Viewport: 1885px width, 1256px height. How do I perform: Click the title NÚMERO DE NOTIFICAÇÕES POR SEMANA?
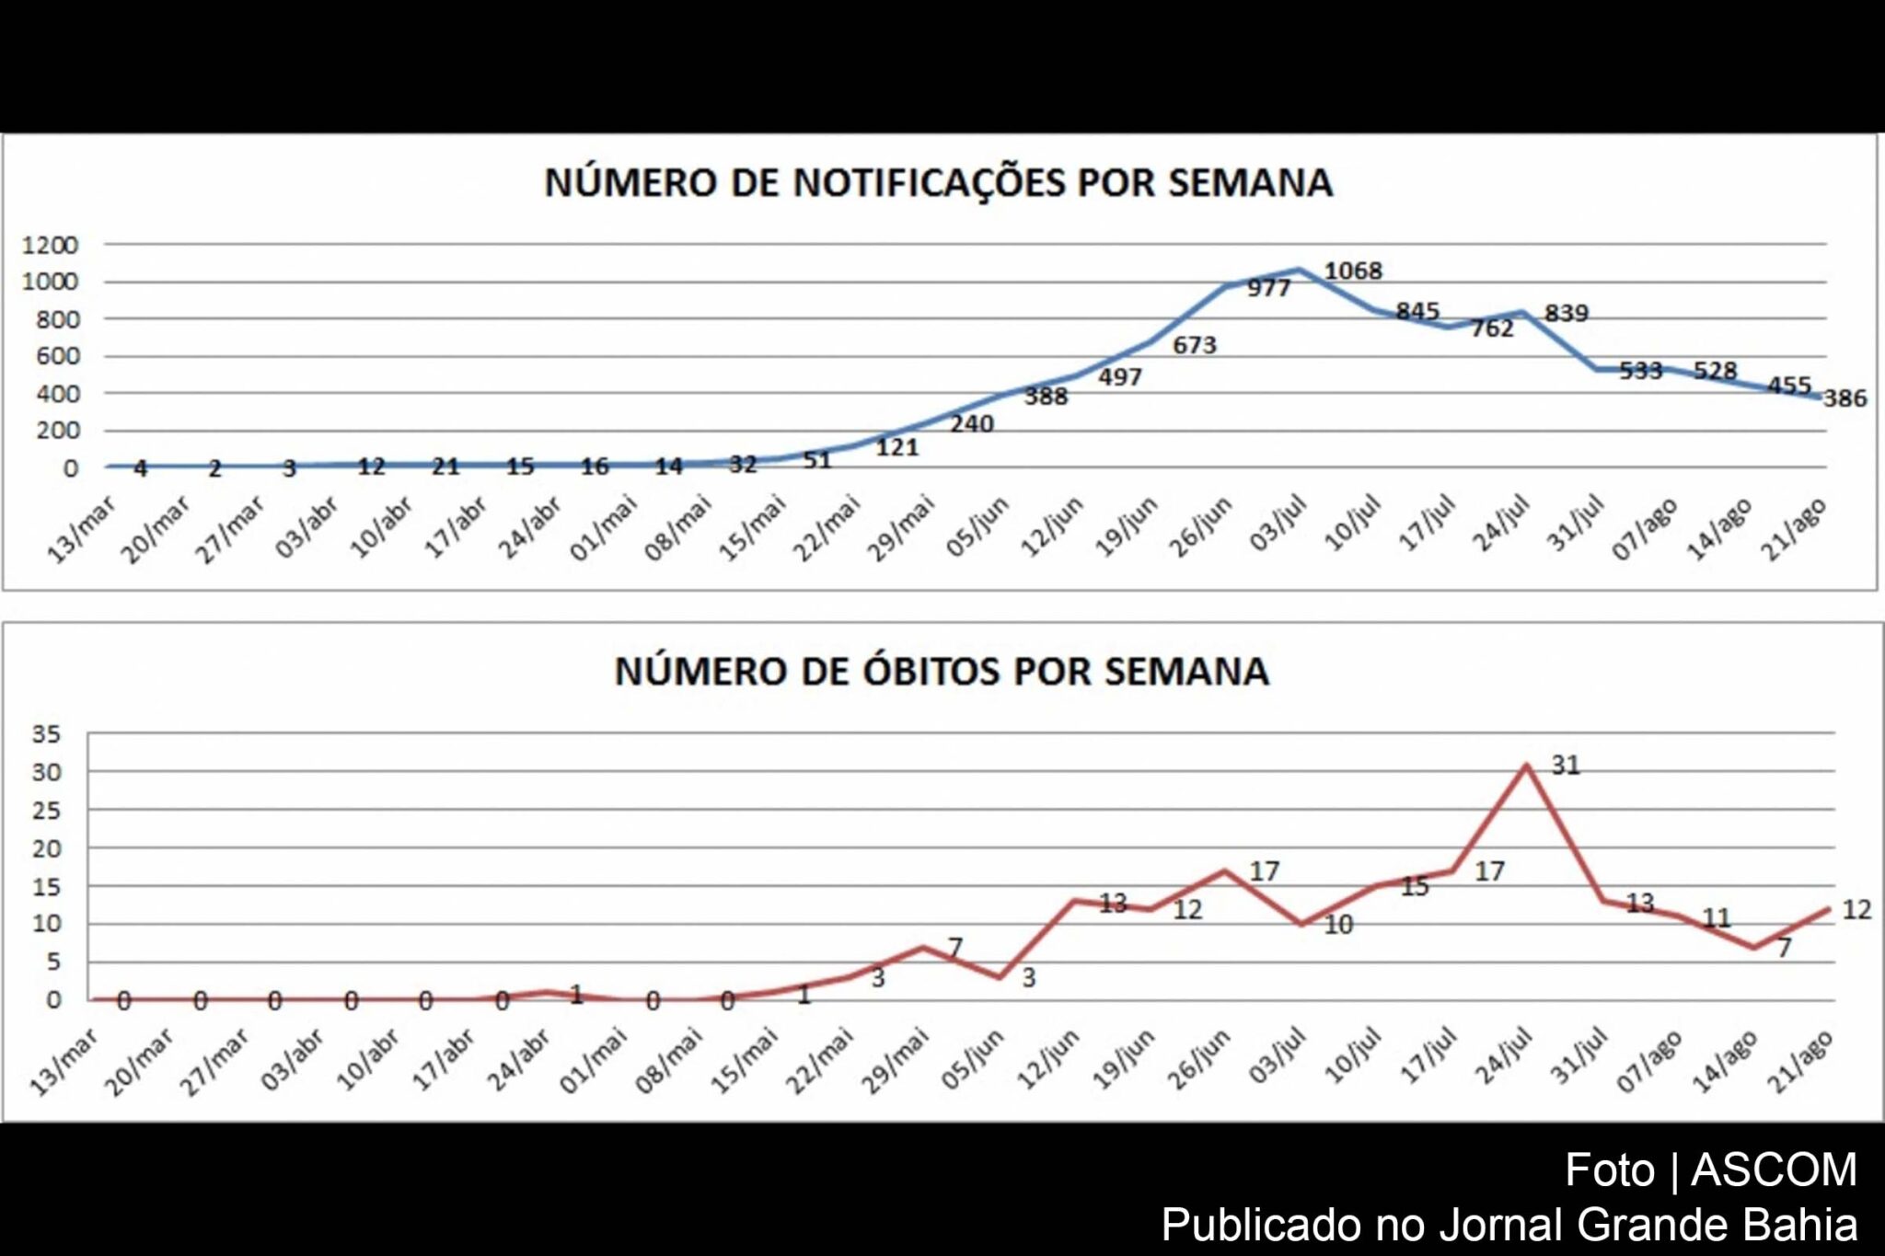point(938,182)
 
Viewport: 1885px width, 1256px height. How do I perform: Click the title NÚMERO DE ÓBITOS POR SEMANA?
point(942,671)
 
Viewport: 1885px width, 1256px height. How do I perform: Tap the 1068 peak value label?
point(1353,271)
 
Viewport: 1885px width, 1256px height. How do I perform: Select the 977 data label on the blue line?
point(1268,288)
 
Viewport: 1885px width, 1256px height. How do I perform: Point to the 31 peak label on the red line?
point(1566,766)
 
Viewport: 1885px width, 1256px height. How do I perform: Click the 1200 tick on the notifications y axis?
point(50,245)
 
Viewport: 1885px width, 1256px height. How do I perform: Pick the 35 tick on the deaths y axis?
point(46,734)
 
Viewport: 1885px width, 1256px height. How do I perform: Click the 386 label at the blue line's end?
point(1845,398)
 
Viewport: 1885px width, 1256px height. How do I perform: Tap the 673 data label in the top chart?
point(1194,345)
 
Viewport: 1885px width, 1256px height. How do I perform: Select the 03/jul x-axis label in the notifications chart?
point(1278,524)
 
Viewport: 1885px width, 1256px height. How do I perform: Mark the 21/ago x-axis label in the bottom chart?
point(1801,1061)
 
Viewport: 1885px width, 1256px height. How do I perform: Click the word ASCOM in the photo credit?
point(1774,1170)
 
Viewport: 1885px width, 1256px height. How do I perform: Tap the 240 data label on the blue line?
point(972,424)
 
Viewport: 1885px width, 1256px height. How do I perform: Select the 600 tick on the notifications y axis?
point(57,356)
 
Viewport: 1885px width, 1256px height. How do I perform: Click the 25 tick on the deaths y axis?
point(46,811)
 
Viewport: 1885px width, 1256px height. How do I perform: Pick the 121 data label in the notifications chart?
point(896,447)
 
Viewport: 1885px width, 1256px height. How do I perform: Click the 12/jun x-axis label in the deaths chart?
point(1048,1059)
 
